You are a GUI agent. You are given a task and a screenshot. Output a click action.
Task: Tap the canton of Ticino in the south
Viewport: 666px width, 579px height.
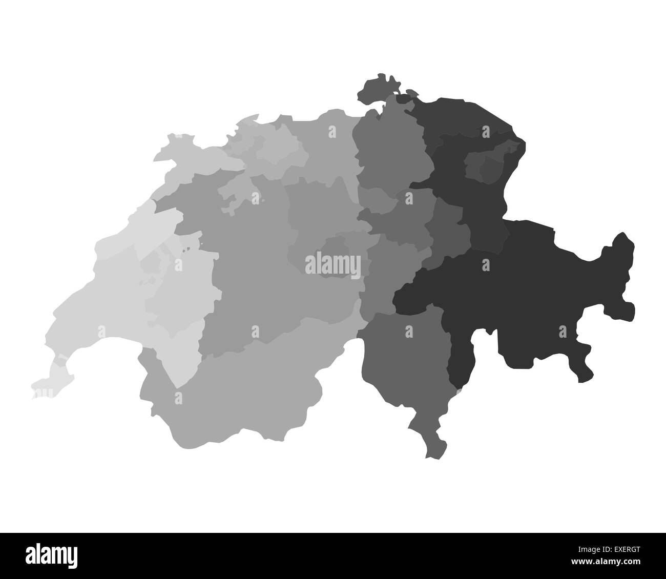click(405, 359)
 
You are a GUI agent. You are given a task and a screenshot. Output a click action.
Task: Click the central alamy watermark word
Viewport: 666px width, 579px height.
click(332, 264)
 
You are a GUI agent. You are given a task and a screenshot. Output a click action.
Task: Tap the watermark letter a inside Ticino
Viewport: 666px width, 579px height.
click(409, 332)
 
